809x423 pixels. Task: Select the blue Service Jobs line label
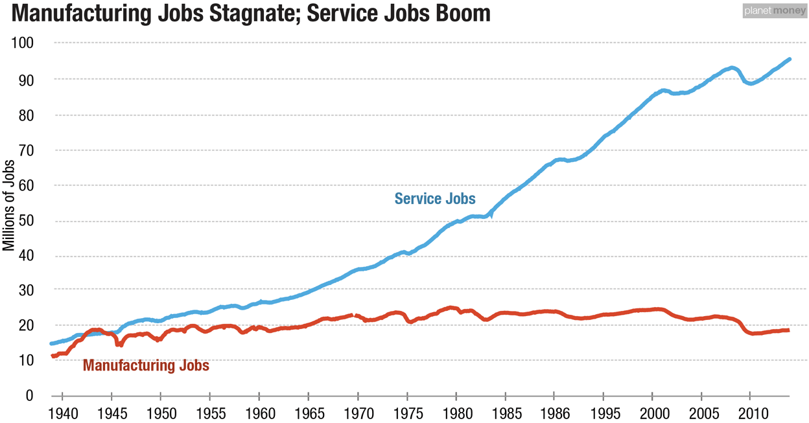(435, 198)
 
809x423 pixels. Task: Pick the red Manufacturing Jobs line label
(146, 365)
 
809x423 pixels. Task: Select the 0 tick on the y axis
(38, 395)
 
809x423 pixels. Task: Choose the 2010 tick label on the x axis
(750, 413)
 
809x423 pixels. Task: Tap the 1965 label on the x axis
(308, 413)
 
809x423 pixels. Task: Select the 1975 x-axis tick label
(406, 413)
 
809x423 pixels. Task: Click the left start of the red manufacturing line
(53, 356)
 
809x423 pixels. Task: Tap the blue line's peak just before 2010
(732, 67)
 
